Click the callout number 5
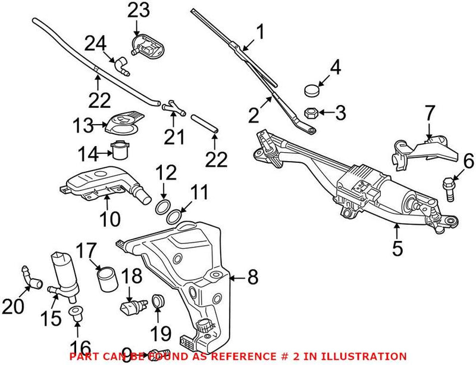pos(397,246)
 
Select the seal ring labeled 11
pos(176,216)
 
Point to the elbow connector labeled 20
pos(30,276)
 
